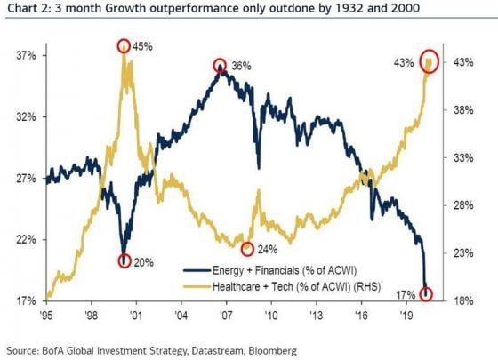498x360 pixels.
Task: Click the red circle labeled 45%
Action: coord(118,46)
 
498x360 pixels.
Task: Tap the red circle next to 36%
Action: coord(214,66)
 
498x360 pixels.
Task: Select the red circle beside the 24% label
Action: coord(242,249)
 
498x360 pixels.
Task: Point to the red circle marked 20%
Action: coord(119,261)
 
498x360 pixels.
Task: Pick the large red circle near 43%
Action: coord(420,61)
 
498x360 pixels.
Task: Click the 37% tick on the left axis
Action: coord(26,56)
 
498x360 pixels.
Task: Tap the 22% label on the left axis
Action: coord(26,240)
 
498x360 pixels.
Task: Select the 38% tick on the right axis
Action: coord(463,110)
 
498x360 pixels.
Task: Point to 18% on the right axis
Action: coord(463,300)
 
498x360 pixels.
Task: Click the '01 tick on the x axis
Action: coord(136,316)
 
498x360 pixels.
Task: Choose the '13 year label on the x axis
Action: coord(317,316)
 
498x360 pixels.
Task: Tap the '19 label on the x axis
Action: coord(406,316)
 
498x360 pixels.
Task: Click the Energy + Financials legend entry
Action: coord(270,270)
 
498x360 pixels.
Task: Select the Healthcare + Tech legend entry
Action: coord(282,286)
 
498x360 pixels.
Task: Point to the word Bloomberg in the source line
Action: coord(272,351)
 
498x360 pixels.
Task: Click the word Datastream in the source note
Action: coord(219,351)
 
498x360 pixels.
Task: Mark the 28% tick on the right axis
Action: coord(463,205)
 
